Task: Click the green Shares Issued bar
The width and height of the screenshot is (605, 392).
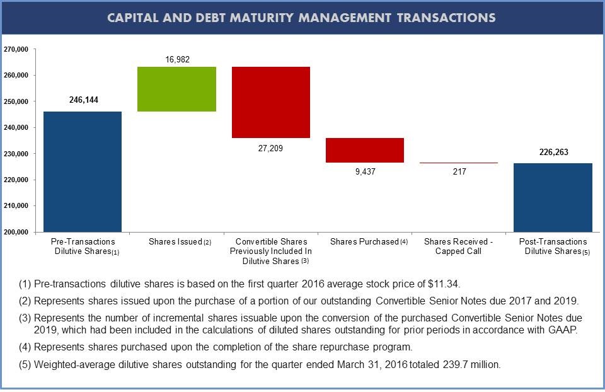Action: click(176, 89)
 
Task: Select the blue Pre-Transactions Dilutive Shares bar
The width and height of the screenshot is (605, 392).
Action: click(83, 171)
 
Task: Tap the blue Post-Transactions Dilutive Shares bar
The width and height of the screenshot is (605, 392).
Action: click(553, 197)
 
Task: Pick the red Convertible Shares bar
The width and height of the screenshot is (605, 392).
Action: click(271, 102)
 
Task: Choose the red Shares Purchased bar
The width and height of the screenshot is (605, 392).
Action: click(365, 150)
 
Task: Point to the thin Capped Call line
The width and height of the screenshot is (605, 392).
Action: click(459, 163)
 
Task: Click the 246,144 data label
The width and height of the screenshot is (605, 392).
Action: click(84, 100)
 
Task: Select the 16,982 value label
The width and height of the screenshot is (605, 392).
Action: click(178, 59)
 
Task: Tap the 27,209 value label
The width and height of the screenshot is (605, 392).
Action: click(270, 148)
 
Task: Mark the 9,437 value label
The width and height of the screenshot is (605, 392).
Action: click(366, 171)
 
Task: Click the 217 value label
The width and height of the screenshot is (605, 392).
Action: click(459, 171)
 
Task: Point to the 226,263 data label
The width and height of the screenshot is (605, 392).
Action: click(554, 152)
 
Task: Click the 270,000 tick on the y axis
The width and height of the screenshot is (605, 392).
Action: click(16, 49)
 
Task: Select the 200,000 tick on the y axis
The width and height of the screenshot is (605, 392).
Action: click(16, 232)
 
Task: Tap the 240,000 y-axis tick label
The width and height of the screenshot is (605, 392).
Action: click(16, 128)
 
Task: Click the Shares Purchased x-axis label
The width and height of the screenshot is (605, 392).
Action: click(369, 241)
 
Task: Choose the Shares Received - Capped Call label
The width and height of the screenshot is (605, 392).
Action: click(458, 246)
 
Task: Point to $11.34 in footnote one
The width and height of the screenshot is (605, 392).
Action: click(444, 284)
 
